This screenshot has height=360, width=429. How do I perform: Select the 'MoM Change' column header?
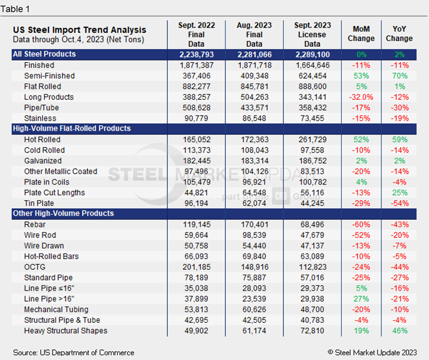(361, 34)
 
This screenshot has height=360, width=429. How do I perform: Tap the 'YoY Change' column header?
(399, 34)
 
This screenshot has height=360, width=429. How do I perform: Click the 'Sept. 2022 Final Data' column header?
(196, 34)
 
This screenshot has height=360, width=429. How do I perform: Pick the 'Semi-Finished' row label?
(49, 76)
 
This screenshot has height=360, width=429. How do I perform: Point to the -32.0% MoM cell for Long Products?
(361, 97)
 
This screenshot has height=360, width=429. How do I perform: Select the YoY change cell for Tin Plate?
(399, 203)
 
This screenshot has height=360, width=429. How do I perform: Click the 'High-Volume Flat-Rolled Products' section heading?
(72, 128)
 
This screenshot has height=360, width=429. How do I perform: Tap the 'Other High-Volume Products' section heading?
(63, 213)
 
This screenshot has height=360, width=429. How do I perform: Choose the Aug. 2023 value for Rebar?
(254, 225)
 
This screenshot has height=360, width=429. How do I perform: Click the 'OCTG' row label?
(35, 267)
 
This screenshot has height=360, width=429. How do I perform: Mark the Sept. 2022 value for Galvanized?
(196, 161)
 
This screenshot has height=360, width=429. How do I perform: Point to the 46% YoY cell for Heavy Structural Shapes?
(399, 331)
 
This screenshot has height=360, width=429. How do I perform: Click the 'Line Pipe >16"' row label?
(49, 299)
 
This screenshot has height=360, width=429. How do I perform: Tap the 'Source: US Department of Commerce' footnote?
(74, 353)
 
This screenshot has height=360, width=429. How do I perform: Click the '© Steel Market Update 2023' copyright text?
(372, 352)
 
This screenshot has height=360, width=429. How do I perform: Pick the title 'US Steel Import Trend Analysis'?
(80, 30)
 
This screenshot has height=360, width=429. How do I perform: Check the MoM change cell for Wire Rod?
(361, 235)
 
